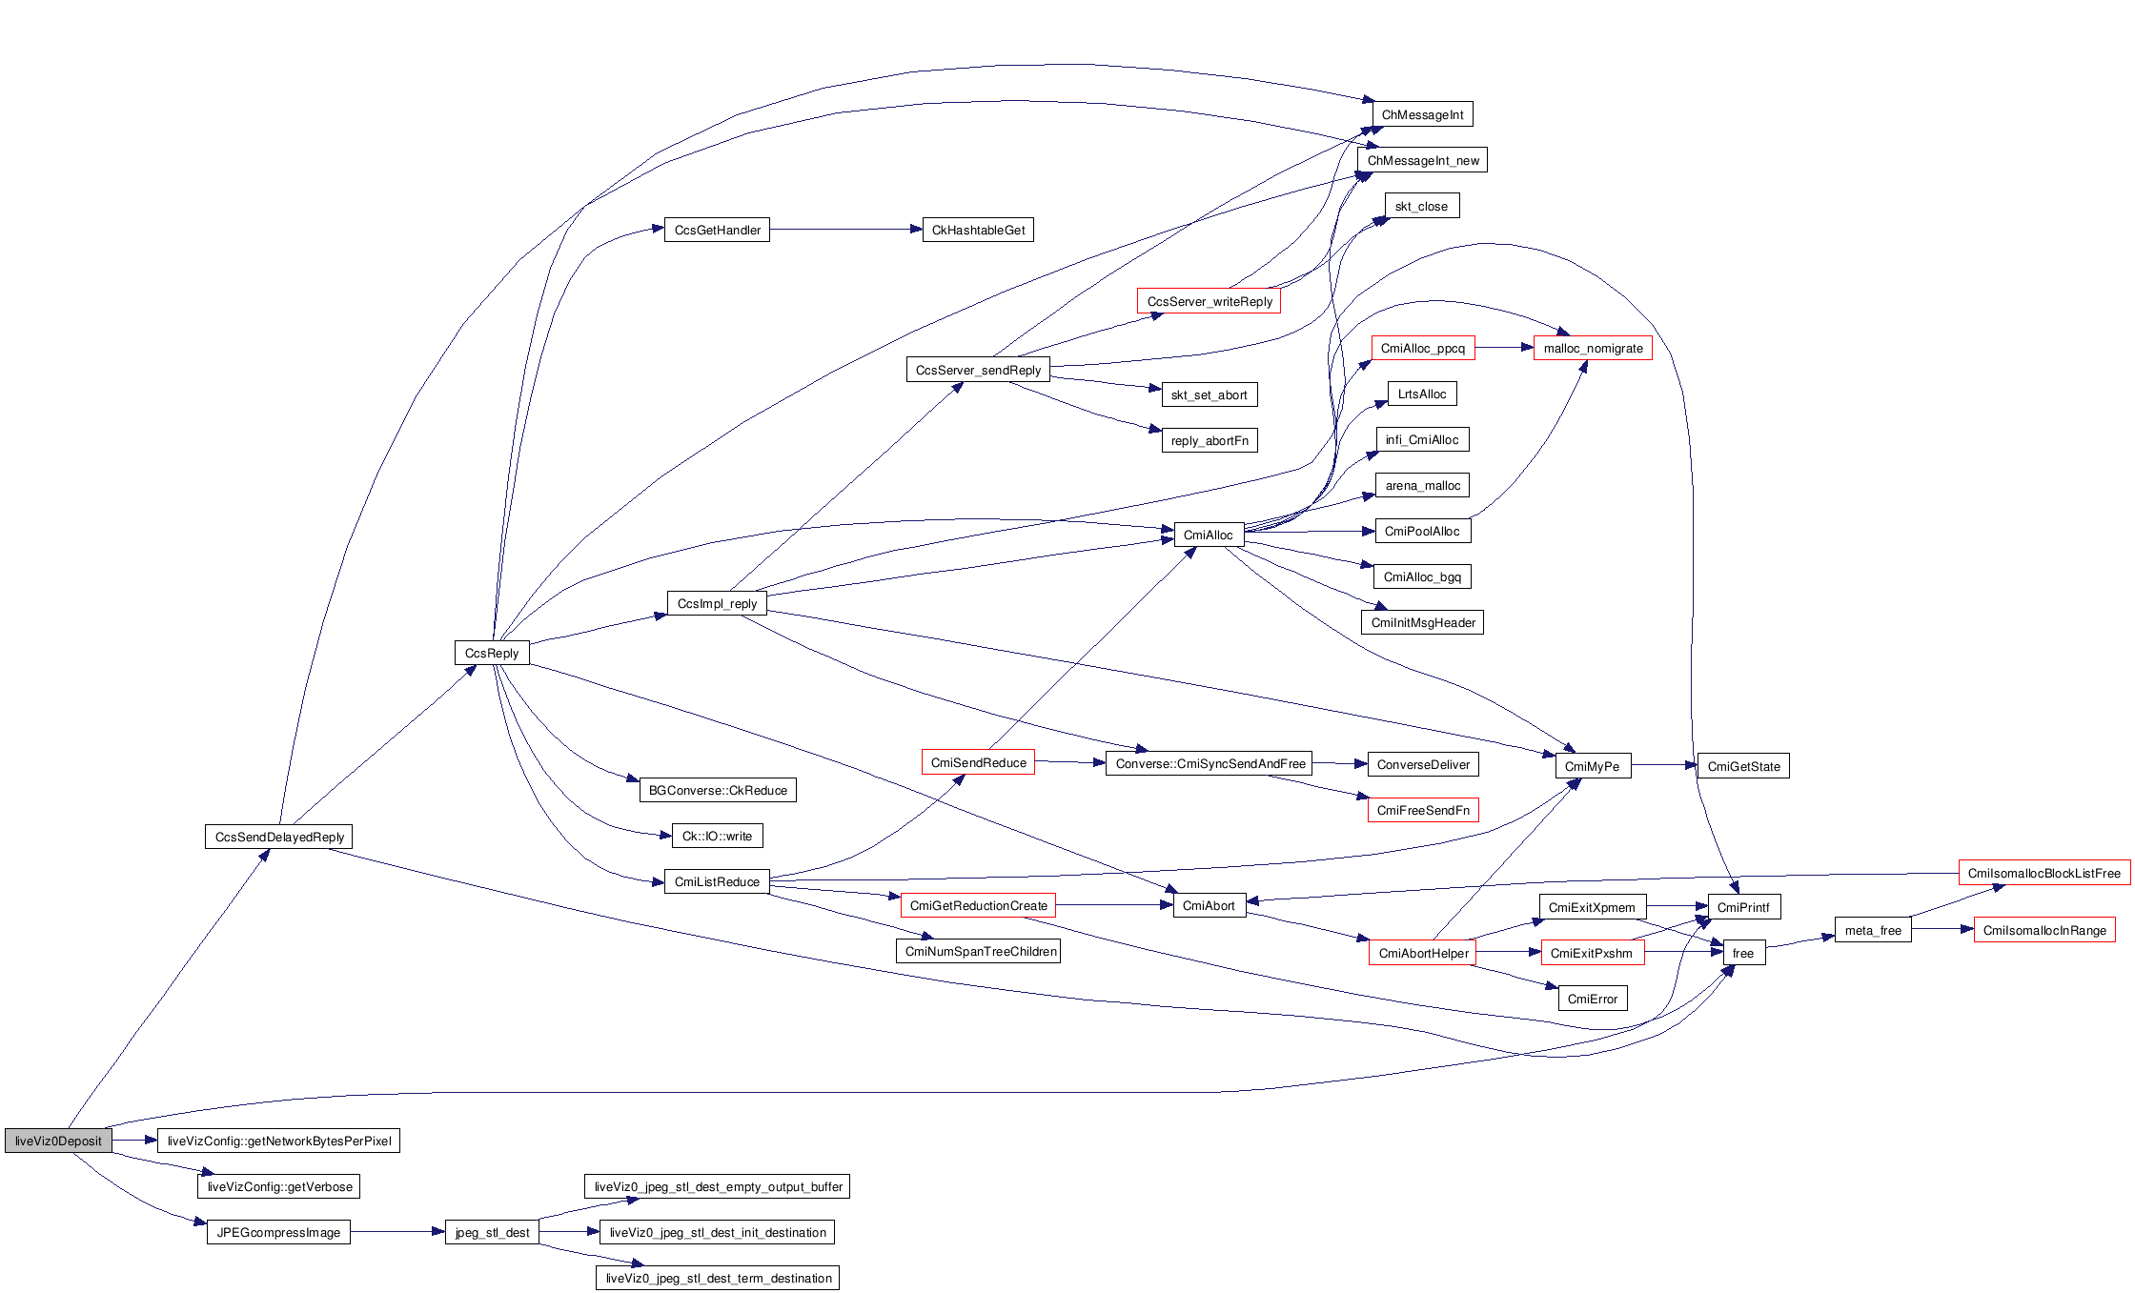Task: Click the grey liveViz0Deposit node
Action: [58, 1141]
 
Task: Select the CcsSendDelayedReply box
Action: [279, 837]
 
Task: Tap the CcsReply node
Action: [492, 653]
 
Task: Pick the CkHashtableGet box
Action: [978, 230]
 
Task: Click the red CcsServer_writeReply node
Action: [1209, 301]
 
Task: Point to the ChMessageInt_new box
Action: [1422, 160]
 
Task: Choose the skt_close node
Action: [1420, 206]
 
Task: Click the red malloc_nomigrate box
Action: [1593, 348]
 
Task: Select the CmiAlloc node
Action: [1208, 535]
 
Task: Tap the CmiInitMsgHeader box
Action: [1422, 622]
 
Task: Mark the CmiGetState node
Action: [1743, 766]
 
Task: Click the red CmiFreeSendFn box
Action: [1423, 810]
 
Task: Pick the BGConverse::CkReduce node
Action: [718, 790]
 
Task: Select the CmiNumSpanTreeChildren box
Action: [980, 951]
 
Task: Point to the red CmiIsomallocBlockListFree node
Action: [2043, 873]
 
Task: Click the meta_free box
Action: [1873, 930]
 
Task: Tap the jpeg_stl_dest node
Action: [492, 1232]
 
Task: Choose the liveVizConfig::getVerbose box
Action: [279, 1186]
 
